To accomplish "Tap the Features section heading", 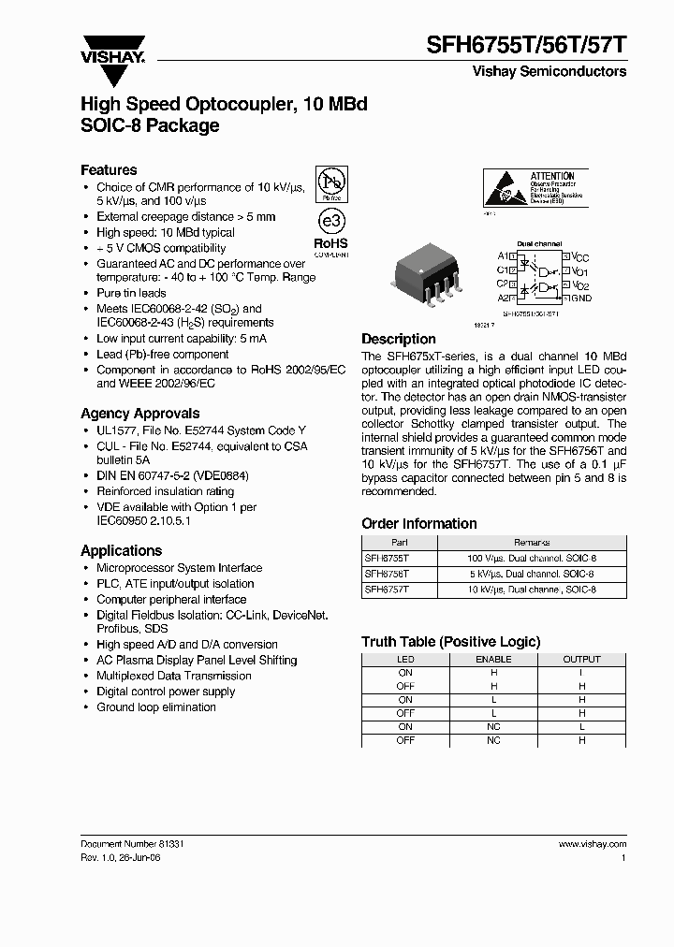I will (x=109, y=170).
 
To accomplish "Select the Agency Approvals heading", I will (x=139, y=413).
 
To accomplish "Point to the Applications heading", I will (x=122, y=551).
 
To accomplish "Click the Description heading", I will (x=399, y=339).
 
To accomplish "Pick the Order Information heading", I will (x=419, y=524).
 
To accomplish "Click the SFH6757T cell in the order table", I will (x=387, y=590).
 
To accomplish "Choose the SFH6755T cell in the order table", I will (x=387, y=558).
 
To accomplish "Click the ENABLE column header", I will (x=494, y=660).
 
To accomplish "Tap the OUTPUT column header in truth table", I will (x=581, y=660).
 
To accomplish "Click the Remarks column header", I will (x=532, y=542).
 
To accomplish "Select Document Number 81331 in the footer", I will (x=132, y=843).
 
